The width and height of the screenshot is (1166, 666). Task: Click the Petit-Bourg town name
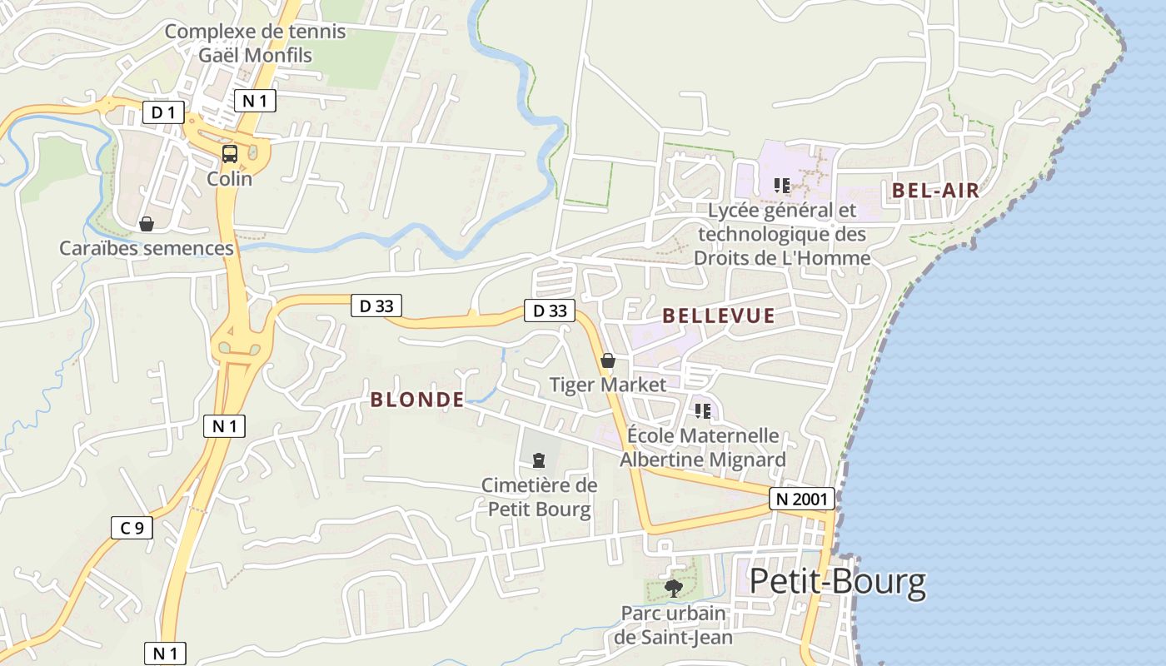(837, 582)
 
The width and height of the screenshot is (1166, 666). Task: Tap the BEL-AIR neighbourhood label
(935, 190)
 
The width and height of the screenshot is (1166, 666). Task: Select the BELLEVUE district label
(719, 316)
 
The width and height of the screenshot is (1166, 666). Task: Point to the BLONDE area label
(417, 400)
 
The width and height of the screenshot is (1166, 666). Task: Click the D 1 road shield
(163, 112)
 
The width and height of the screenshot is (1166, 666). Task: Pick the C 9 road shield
(132, 527)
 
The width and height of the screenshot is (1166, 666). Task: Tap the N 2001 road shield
(800, 499)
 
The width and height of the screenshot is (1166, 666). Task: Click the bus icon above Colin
(229, 154)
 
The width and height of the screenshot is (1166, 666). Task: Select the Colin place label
(229, 178)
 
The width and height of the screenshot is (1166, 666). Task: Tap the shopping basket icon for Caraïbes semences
(147, 224)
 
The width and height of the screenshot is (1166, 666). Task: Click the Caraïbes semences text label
(147, 248)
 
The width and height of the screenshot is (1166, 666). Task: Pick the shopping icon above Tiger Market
(608, 360)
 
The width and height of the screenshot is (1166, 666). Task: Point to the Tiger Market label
(608, 385)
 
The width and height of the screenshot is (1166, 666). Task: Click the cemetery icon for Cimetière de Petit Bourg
(539, 460)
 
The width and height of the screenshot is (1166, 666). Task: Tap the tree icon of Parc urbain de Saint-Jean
(674, 589)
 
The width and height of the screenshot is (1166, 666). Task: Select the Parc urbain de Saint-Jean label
(674, 625)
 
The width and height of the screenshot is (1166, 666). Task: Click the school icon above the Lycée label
(781, 185)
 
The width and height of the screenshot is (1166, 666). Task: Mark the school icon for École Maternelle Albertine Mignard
(703, 410)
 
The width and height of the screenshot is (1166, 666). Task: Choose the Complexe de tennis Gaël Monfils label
(255, 43)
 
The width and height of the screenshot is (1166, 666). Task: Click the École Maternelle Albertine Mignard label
(703, 447)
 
